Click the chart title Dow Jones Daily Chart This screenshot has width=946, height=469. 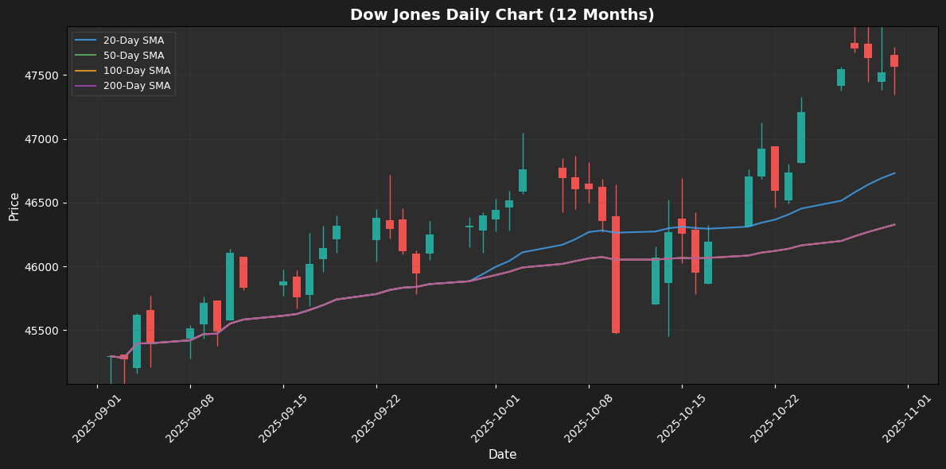point(502,14)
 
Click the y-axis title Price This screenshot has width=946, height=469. point(14,206)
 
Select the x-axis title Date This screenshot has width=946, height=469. point(502,455)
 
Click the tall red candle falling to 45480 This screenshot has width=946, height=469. point(616,274)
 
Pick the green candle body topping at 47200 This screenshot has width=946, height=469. point(801,138)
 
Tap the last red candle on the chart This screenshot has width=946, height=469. point(894,60)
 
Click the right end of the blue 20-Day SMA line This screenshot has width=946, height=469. point(894,173)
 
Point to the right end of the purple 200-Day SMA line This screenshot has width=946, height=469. point(894,224)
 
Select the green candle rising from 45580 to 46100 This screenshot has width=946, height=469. point(230,286)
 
